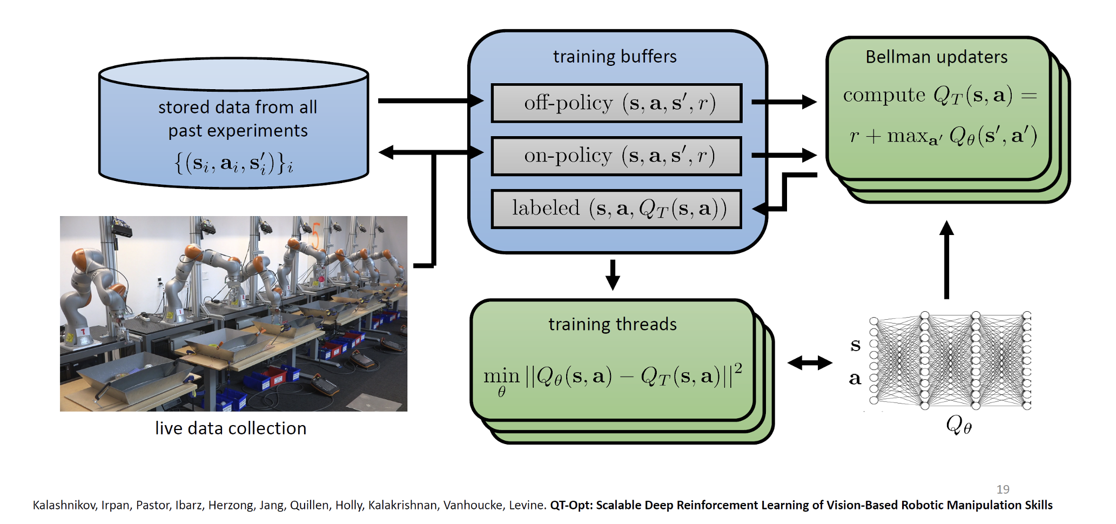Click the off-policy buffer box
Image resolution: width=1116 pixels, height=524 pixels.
tap(616, 103)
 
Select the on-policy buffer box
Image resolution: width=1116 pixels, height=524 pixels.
tap(616, 156)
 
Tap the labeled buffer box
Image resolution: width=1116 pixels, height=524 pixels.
tap(616, 209)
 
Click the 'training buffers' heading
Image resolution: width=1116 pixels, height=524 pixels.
tap(615, 57)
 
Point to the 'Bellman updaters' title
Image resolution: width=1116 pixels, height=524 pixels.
tap(936, 57)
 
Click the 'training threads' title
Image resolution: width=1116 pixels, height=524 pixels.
tap(613, 324)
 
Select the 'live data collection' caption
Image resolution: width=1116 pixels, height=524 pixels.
tap(231, 428)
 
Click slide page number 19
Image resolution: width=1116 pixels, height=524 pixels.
tap(1003, 489)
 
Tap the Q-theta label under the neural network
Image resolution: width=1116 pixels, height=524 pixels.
tap(959, 425)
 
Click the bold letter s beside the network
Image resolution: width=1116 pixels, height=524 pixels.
tap(855, 345)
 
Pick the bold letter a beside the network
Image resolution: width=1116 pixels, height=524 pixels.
tap(855, 378)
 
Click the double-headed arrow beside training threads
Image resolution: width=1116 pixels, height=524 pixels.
tap(810, 363)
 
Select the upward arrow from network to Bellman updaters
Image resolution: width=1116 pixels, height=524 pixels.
tap(946, 259)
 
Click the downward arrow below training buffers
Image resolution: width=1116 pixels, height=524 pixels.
tap(613, 274)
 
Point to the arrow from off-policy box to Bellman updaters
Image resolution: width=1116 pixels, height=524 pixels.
tap(784, 102)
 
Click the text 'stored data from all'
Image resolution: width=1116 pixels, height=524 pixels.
tap(238, 108)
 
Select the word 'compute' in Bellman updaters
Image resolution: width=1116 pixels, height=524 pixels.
tap(884, 95)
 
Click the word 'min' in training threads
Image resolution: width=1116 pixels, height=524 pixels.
tap(501, 375)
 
